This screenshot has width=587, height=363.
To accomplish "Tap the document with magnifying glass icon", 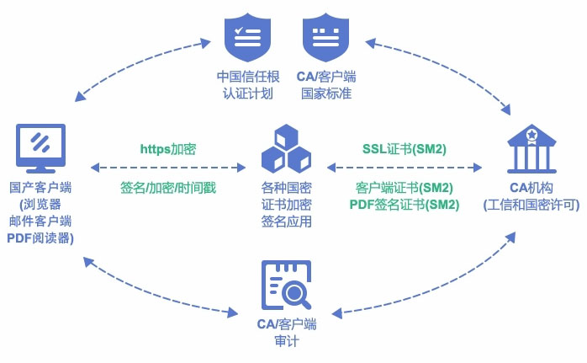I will click(287, 285).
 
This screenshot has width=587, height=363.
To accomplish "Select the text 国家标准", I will click(326, 93).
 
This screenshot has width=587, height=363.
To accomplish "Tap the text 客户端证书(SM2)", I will click(405, 187).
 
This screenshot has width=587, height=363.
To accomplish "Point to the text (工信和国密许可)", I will click(531, 205).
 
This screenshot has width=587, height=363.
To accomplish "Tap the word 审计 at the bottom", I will click(286, 340).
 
